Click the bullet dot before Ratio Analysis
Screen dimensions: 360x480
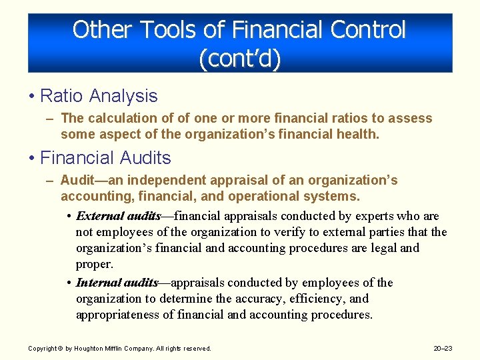[31, 96]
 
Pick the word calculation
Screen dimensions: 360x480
[118, 119]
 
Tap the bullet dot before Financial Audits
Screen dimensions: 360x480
[31, 158]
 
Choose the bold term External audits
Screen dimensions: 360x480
[118, 216]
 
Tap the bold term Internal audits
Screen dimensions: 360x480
[117, 283]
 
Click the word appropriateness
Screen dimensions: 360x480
[118, 315]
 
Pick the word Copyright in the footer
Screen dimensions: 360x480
[41, 348]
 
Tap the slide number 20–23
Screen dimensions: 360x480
[443, 348]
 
